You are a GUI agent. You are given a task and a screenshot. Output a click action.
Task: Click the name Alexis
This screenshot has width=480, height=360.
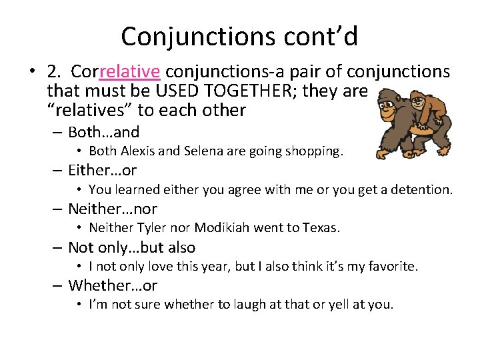(x=140, y=151)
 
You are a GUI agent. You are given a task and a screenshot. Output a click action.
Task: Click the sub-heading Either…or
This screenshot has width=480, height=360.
(x=102, y=171)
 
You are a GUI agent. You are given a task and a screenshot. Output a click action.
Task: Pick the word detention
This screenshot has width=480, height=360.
(x=422, y=190)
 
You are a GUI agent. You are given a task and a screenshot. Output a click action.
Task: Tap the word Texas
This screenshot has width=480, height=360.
(x=321, y=228)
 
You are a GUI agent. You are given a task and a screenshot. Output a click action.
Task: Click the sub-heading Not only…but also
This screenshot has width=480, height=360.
(x=131, y=247)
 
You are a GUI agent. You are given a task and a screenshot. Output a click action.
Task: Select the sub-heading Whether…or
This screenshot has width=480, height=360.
(x=113, y=285)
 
